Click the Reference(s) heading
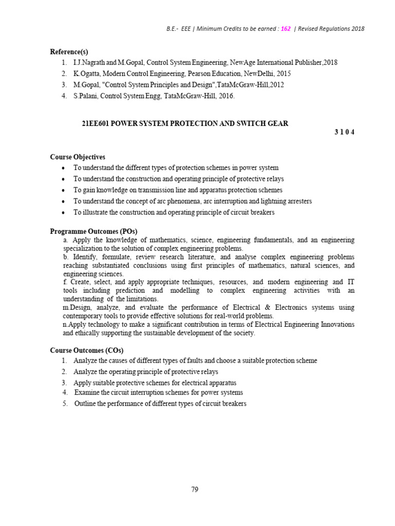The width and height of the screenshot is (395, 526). tap(69, 51)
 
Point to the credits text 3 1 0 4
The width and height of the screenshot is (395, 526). tap(344, 132)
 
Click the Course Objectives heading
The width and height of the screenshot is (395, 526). tap(77, 157)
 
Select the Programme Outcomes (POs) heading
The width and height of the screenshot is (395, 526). tap(93, 231)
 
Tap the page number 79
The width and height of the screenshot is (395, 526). tap(194, 490)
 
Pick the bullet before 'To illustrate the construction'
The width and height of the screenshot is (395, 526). tap(63, 213)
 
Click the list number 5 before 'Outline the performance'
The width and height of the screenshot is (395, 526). tap(65, 404)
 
